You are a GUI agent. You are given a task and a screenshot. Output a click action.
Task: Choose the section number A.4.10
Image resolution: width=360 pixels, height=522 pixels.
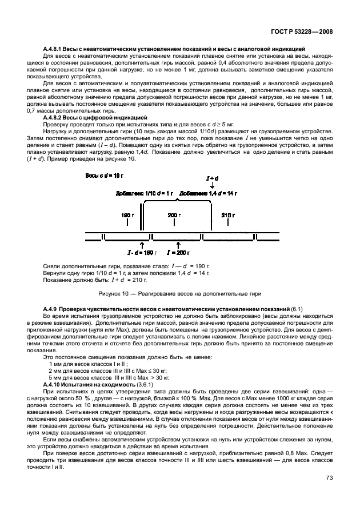click(x=55, y=384)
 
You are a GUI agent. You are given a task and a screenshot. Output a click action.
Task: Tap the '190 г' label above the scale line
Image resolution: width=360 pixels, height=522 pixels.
click(x=127, y=215)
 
